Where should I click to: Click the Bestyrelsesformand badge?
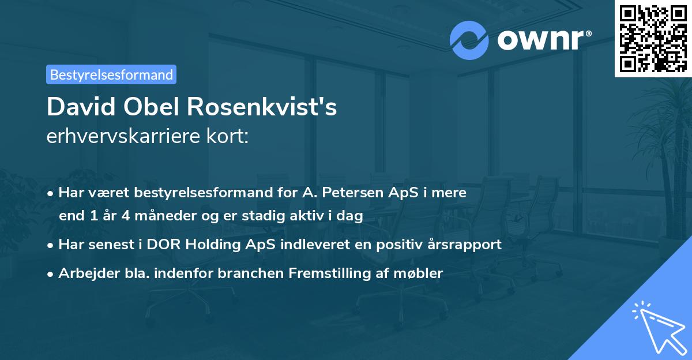111,74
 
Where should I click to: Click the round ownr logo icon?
469,40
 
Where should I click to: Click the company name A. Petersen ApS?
351,192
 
